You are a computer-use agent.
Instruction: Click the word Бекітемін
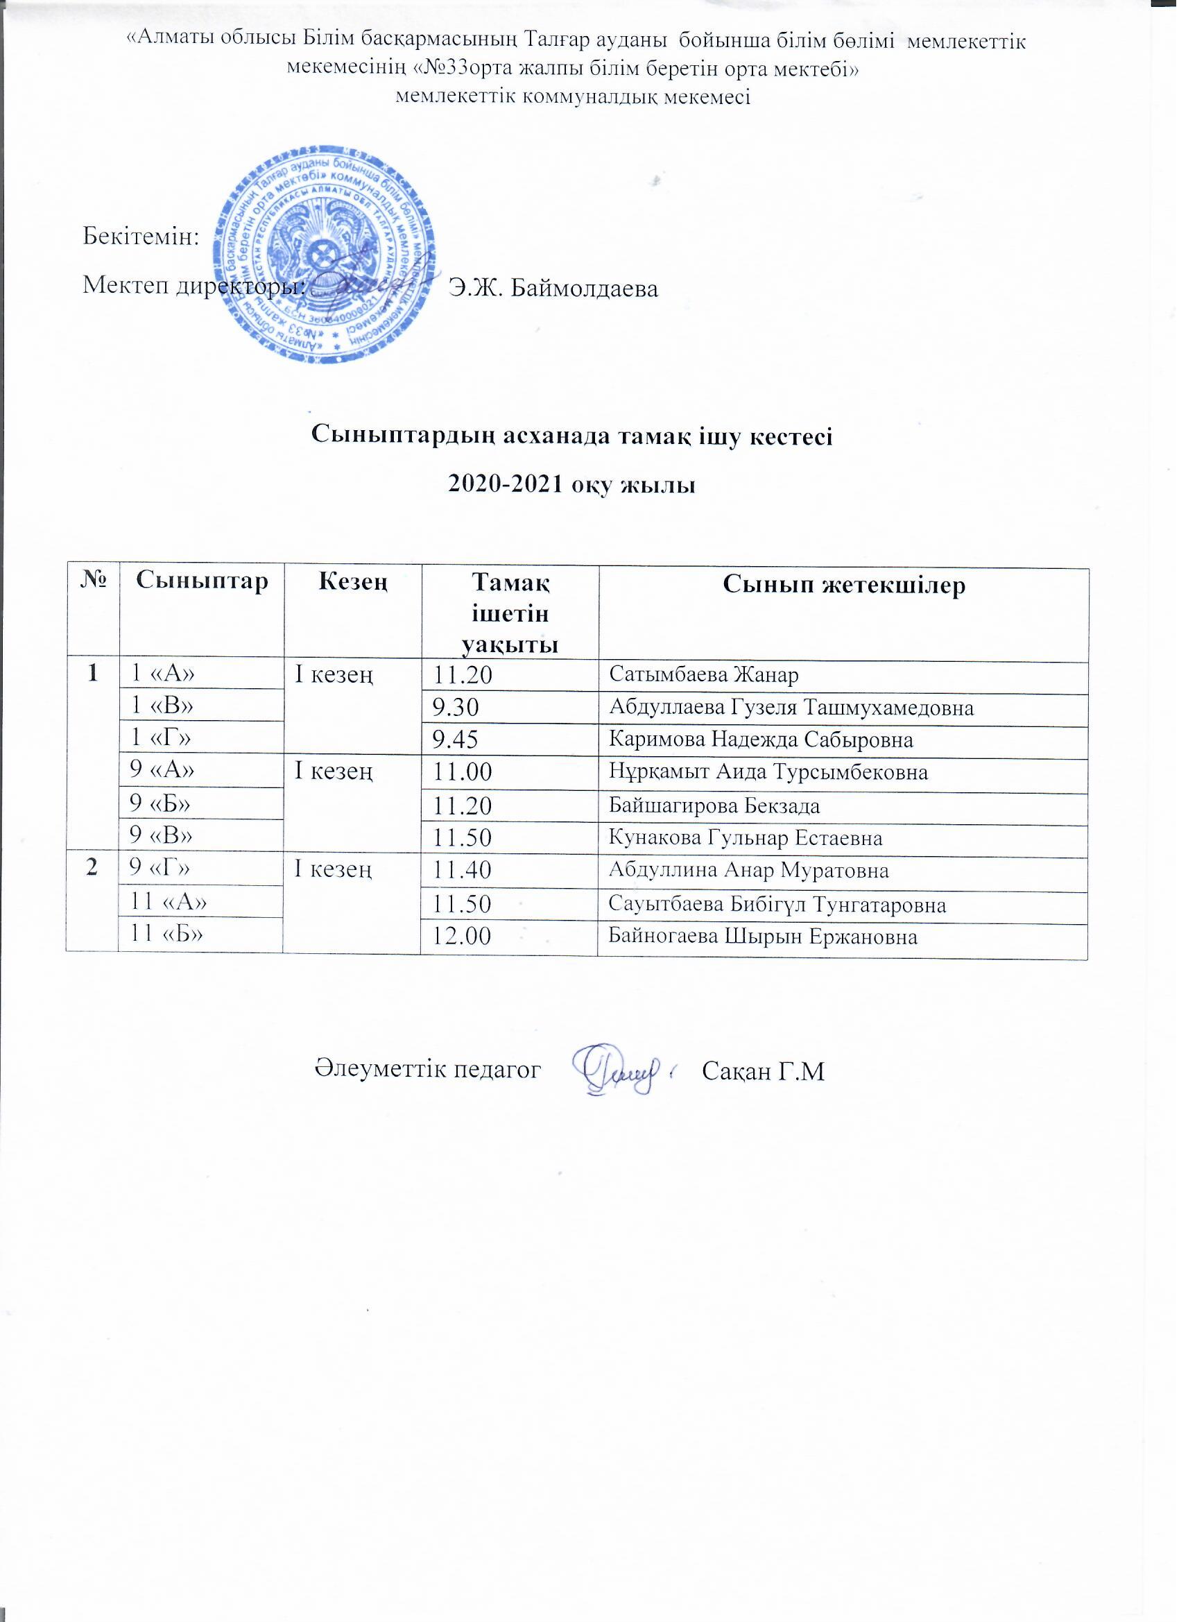141,237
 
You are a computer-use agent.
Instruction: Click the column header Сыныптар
203,581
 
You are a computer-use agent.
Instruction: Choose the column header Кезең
353,581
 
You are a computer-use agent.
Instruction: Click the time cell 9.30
456,708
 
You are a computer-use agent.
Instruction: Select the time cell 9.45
456,740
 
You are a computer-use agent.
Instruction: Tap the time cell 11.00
463,773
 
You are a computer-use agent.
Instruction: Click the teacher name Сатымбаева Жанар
704,675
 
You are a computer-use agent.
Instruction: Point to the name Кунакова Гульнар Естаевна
746,838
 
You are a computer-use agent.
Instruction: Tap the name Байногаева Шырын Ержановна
763,937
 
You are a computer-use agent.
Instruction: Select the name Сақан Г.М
764,1071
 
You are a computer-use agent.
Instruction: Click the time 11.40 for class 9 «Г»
463,871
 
